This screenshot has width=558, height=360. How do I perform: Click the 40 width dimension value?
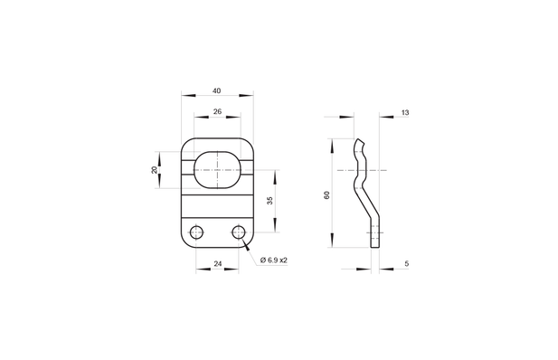(x=217, y=90)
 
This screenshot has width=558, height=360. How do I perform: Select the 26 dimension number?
(x=217, y=112)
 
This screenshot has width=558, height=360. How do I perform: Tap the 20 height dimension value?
(x=155, y=169)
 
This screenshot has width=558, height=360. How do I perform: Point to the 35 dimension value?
(x=270, y=200)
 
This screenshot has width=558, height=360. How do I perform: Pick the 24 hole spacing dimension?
(x=217, y=263)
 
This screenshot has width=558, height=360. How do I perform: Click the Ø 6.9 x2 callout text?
(x=273, y=260)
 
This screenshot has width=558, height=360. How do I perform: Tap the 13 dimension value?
(x=404, y=112)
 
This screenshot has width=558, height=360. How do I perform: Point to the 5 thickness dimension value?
(x=407, y=263)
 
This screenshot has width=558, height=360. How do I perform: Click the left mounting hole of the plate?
(x=196, y=232)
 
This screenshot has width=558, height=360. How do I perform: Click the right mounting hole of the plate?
(x=239, y=232)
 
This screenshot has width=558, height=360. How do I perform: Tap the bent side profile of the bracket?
(x=365, y=190)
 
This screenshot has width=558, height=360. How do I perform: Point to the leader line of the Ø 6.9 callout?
(x=248, y=249)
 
